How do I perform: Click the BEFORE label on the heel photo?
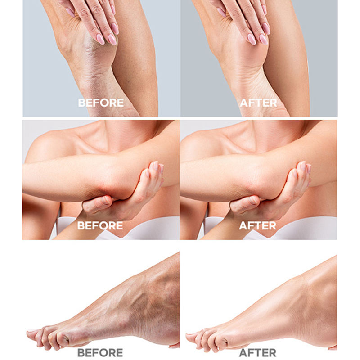click(x=101, y=103)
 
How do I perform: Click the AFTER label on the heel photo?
click(x=258, y=103)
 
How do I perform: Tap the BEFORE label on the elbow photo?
click(x=100, y=226)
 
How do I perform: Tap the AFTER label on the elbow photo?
click(x=257, y=226)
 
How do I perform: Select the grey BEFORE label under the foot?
click(x=100, y=353)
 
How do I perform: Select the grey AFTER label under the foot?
click(x=257, y=353)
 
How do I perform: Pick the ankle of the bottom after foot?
click(x=312, y=298)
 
